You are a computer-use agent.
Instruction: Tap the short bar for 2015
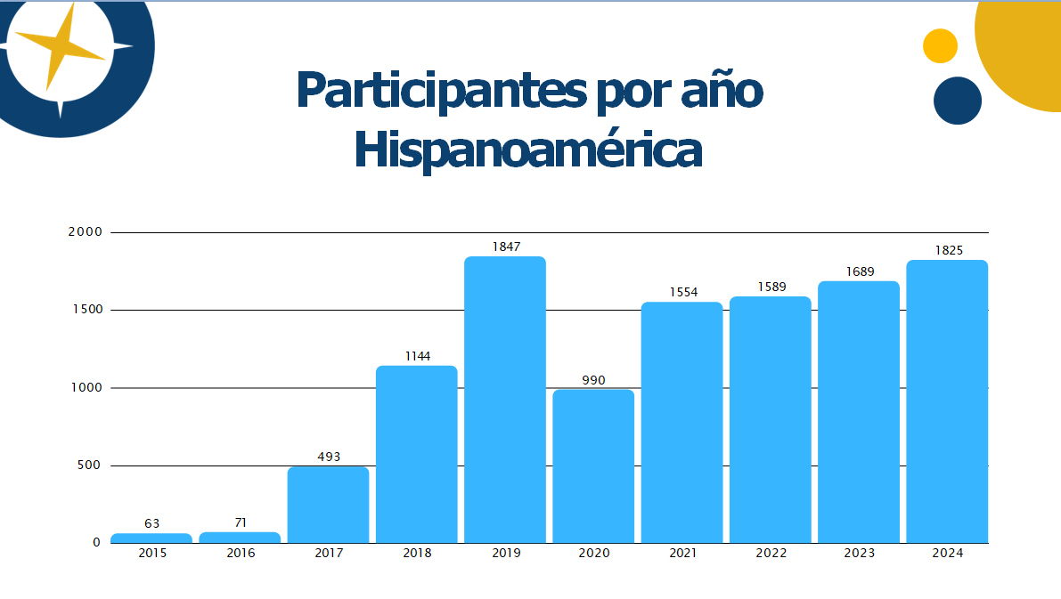[151, 538]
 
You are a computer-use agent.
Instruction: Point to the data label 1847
[505, 247]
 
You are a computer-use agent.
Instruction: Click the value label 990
[593, 380]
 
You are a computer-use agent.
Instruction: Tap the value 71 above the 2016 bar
[241, 522]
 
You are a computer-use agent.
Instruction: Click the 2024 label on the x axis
[948, 553]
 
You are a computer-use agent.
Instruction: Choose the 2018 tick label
[417, 553]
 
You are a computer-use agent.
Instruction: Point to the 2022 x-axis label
[771, 553]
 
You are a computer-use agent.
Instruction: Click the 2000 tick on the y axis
[86, 232]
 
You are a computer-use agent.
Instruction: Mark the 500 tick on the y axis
[90, 465]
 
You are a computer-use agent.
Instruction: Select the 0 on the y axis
[97, 543]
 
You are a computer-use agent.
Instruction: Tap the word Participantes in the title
[428, 90]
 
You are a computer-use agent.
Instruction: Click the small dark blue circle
[958, 101]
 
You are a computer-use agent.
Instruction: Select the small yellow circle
[940, 45]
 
